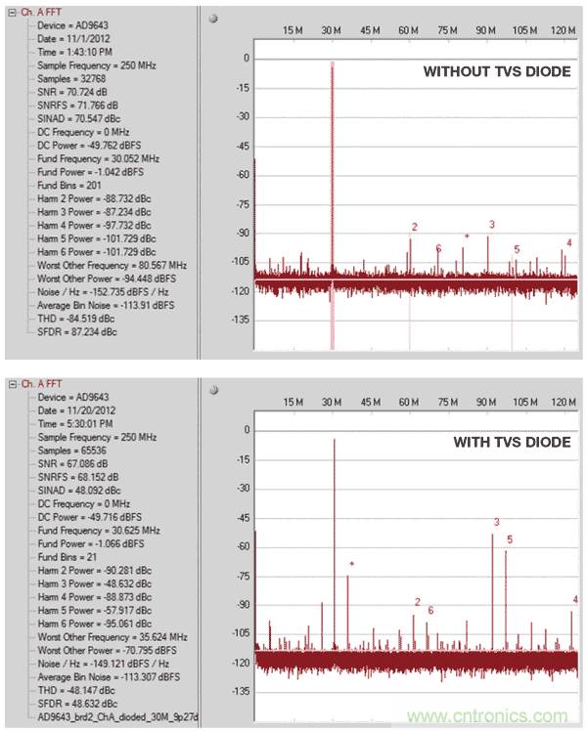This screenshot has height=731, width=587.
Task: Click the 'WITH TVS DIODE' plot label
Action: (511, 443)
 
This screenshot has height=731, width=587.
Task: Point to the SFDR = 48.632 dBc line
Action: (77, 704)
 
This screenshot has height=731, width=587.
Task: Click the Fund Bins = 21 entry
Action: (69, 556)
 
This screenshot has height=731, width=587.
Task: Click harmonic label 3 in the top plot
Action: (491, 225)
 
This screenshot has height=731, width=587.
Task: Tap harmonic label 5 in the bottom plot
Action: (510, 538)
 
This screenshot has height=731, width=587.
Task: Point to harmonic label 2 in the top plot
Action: (414, 228)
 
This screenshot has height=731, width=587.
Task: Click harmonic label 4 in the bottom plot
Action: (575, 600)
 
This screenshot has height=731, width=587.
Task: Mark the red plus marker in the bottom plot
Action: (351, 564)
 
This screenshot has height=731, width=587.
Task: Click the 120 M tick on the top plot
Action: (563, 31)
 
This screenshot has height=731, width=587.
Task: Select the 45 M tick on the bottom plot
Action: (370, 403)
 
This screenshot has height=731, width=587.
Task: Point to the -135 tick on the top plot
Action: (238, 320)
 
